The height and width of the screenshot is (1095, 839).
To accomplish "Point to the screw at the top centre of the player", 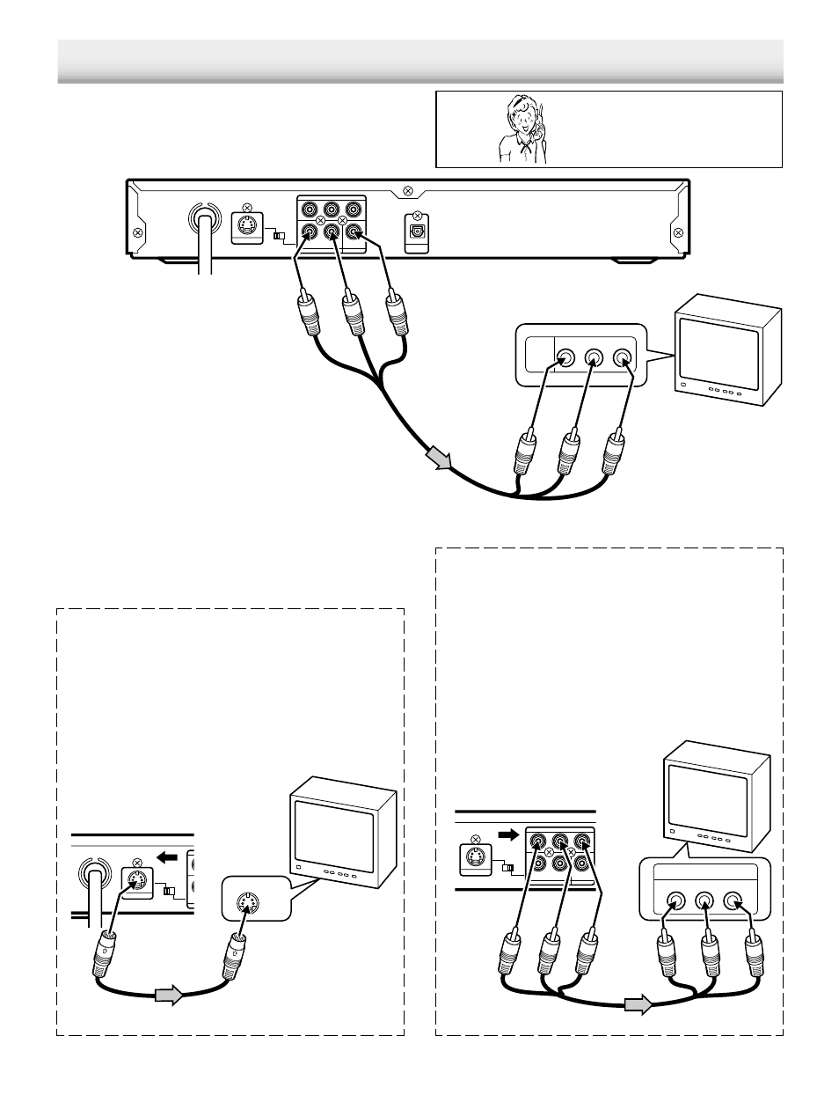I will pyautogui.click(x=406, y=190).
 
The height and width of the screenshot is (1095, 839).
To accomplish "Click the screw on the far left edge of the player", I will pyautogui.click(x=137, y=233).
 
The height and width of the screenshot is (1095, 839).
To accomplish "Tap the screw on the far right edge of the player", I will pyautogui.click(x=677, y=232).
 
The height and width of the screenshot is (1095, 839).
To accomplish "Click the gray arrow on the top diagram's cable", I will pyautogui.click(x=437, y=459).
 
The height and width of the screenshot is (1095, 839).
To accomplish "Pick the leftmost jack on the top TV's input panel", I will pyautogui.click(x=565, y=358).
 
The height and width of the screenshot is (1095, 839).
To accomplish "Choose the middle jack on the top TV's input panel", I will pyautogui.click(x=594, y=358).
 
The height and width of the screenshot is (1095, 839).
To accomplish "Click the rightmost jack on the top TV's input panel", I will pyautogui.click(x=622, y=358).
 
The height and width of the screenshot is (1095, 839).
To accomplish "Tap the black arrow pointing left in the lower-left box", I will pyautogui.click(x=165, y=855).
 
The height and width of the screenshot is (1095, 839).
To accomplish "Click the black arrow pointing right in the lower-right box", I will pyautogui.click(x=508, y=833).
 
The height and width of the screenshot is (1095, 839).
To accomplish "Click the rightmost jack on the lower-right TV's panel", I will pyautogui.click(x=733, y=902).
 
